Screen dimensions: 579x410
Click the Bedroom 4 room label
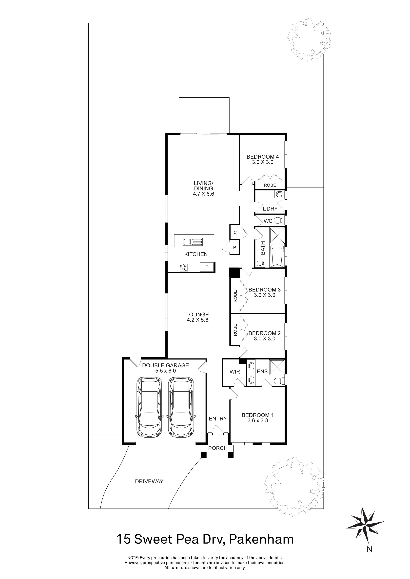[263, 157]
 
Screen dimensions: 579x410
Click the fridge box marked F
[207, 267]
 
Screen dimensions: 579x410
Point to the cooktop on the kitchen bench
[184, 267]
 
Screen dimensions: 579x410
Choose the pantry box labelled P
[234, 248]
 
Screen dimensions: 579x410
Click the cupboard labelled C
[235, 232]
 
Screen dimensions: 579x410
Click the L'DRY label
[270, 209]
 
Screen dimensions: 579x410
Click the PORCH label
[218, 448]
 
